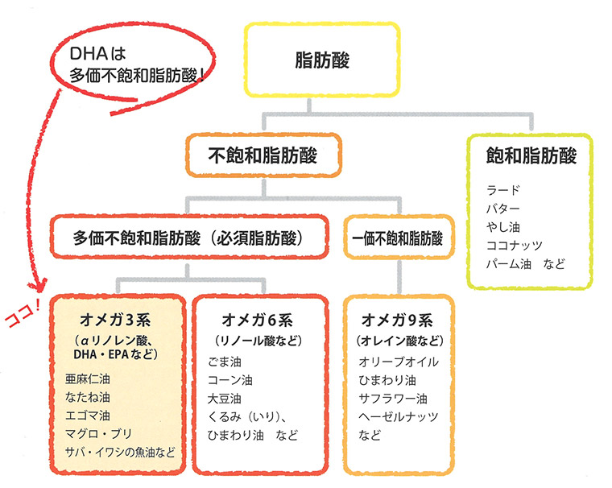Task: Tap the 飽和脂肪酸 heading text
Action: tap(531, 155)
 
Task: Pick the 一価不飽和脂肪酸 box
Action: tap(398, 238)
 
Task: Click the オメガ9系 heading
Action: tap(399, 317)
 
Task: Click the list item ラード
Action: tap(504, 190)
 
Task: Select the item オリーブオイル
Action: tap(399, 362)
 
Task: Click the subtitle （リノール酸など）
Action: tap(260, 338)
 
